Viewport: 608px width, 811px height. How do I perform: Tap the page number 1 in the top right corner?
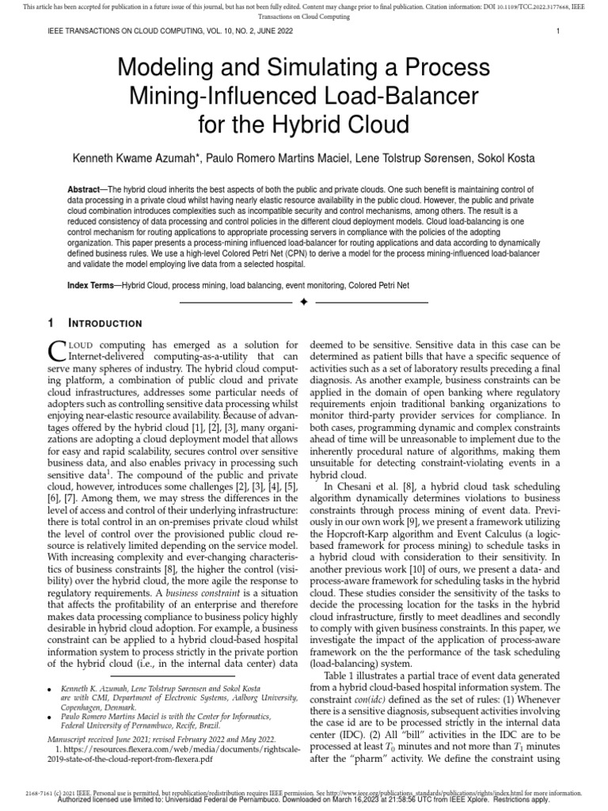click(x=558, y=32)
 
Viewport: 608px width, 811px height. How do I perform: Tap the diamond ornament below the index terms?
click(x=304, y=302)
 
